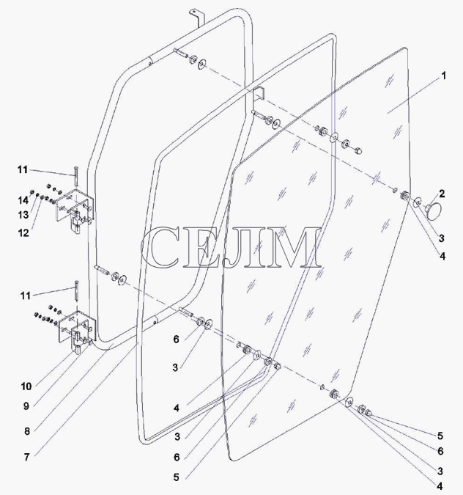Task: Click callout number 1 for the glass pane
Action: (x=443, y=76)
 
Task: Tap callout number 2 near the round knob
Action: (x=442, y=194)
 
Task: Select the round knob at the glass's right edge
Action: (x=433, y=210)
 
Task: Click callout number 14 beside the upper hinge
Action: (x=23, y=200)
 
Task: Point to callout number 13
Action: (x=23, y=215)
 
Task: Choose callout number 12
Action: (x=23, y=233)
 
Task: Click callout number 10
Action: (x=26, y=386)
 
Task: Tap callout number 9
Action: (x=26, y=406)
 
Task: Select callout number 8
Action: (x=27, y=431)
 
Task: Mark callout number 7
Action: (x=26, y=457)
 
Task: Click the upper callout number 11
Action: (x=23, y=170)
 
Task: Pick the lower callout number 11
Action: (x=26, y=296)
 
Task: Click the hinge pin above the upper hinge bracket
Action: (x=76, y=177)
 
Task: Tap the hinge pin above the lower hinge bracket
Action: (x=77, y=290)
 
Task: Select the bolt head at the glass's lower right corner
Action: (x=368, y=413)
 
